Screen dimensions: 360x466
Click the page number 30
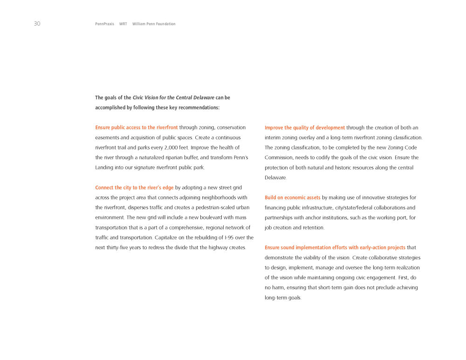pyautogui.click(x=37, y=24)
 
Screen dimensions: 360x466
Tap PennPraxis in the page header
pyautogui.click(x=104, y=24)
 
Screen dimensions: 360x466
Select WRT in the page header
pyautogui.click(x=123, y=24)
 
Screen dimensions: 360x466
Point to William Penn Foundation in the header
pyautogui.click(x=154, y=24)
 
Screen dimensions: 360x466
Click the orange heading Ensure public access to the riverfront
pyautogui.click(x=136, y=128)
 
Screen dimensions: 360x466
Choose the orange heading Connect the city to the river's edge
pyautogui.click(x=134, y=188)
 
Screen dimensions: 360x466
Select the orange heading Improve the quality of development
pyautogui.click(x=305, y=128)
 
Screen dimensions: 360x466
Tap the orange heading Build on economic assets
pyautogui.click(x=292, y=198)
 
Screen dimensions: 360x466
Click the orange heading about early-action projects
pyautogui.click(x=335, y=248)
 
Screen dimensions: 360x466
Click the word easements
pyautogui.click(x=107, y=138)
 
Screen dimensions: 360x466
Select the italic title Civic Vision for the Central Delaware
pyautogui.click(x=173, y=98)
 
